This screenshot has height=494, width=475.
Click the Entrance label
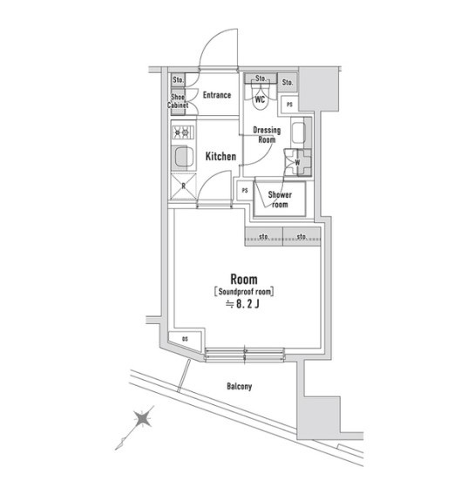[x=217, y=95]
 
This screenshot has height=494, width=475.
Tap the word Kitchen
[x=221, y=156]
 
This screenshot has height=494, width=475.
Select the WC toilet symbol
[x=261, y=94]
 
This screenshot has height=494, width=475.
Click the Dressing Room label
[x=267, y=135]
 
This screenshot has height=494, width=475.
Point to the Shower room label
[x=280, y=200]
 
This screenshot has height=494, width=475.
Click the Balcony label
[x=239, y=386]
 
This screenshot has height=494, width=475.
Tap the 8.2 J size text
[x=242, y=304]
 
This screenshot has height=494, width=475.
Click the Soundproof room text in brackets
[x=244, y=292]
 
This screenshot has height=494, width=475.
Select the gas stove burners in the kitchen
[x=182, y=132]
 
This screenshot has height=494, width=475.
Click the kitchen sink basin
[x=183, y=157]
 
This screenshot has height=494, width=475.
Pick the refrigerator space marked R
[x=183, y=186]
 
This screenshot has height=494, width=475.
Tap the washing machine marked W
[x=297, y=163]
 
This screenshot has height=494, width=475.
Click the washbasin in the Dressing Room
[x=298, y=132]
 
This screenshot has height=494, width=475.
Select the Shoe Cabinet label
[x=178, y=101]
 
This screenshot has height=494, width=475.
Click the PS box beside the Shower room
[x=245, y=191]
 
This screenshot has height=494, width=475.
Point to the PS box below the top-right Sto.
[x=289, y=105]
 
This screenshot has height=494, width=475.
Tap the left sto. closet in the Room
[x=264, y=236]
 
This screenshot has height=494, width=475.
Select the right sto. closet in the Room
[x=302, y=236]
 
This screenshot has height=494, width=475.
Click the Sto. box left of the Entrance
[x=178, y=80]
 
